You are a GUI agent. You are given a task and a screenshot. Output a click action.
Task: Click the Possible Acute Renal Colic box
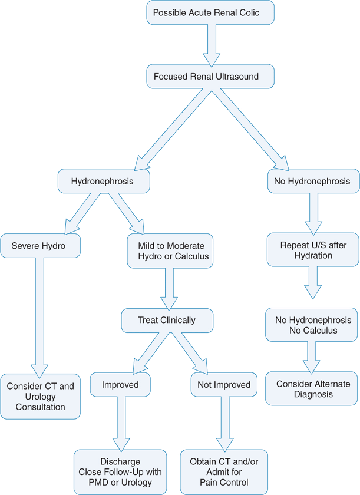pos(210,13)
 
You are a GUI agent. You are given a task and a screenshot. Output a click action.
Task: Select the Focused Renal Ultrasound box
pos(210,77)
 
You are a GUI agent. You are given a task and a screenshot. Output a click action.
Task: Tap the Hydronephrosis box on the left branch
pos(103,181)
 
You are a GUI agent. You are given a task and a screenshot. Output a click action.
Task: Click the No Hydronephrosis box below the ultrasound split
pos(312,181)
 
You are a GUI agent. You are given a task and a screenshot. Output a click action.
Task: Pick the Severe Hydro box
pos(40,246)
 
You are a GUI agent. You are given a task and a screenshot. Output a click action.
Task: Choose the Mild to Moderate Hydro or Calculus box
pos(170,250)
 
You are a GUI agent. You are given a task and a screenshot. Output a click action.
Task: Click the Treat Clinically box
pos(167,320)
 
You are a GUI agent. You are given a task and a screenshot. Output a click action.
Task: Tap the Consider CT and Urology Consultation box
pos(40,397)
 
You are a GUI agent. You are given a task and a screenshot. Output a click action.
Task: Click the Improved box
pos(120,385)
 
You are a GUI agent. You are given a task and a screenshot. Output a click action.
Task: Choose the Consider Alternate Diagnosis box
pos(311,389)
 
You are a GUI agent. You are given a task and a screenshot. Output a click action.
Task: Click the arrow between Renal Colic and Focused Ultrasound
pos(210,45)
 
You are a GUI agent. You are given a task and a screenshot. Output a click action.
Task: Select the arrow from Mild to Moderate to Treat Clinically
pos(169,289)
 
